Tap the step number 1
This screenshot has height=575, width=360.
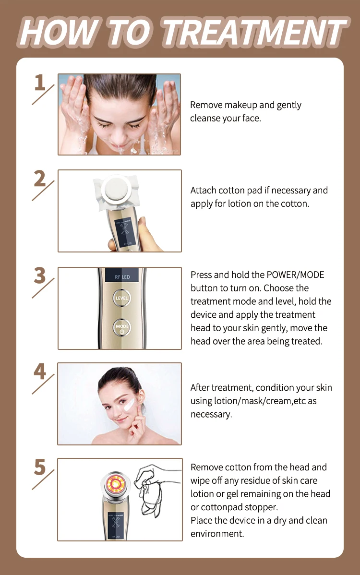click(40, 83)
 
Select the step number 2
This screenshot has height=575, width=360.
click(40, 179)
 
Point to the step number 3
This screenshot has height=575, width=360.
click(40, 276)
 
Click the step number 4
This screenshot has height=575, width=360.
click(40, 372)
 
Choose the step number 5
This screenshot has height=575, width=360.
click(40, 467)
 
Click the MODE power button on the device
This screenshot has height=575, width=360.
click(121, 328)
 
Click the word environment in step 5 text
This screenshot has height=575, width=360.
click(217, 534)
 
